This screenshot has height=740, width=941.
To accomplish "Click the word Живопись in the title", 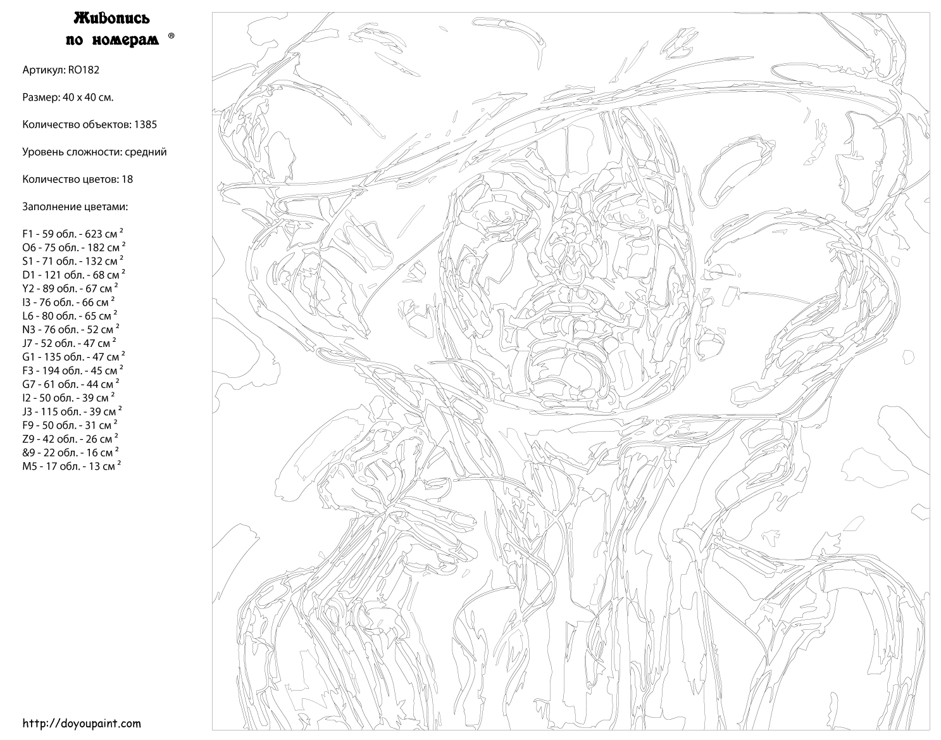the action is (x=111, y=18).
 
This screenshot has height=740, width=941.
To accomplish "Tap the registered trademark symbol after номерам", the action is (x=171, y=36).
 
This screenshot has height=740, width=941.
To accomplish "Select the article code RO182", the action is (x=84, y=70).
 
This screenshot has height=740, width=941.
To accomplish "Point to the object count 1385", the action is (x=145, y=125).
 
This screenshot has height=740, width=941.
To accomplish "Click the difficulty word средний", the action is (x=146, y=152).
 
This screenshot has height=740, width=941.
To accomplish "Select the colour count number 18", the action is (x=127, y=179).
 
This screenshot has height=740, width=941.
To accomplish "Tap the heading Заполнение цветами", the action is (x=75, y=207).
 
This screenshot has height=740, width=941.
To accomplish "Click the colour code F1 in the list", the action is (x=28, y=234).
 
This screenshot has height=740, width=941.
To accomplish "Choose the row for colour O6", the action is (x=74, y=247).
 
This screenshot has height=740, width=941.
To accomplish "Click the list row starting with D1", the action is (x=74, y=274).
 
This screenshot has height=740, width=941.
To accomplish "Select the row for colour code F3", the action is (x=73, y=370).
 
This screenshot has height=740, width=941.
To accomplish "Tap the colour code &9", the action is (x=28, y=453).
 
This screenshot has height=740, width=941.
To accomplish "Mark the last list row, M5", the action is (x=72, y=466).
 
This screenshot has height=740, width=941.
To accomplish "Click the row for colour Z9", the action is (x=70, y=438).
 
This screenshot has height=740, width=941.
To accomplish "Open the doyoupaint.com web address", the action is (x=82, y=724).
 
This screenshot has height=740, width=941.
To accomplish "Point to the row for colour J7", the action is (x=70, y=342).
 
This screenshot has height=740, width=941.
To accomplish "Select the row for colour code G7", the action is (x=71, y=384).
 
